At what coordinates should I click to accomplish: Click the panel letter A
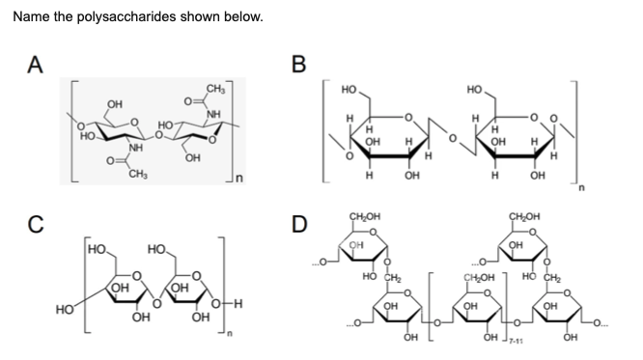coord(36,65)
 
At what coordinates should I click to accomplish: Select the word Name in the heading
coord(30,17)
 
